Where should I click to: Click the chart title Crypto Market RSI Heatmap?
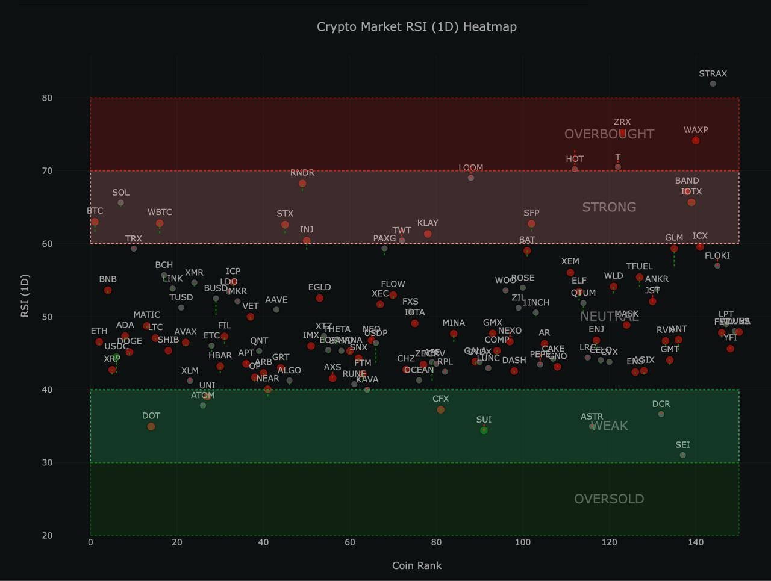pyautogui.click(x=416, y=26)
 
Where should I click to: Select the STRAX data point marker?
pyautogui.click(x=713, y=84)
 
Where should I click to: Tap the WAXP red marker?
pyautogui.click(x=696, y=141)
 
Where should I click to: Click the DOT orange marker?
pyautogui.click(x=151, y=427)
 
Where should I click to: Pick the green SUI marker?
pyautogui.click(x=484, y=430)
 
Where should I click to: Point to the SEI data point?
pyautogui.click(x=682, y=455)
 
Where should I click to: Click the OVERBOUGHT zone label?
pyautogui.click(x=609, y=134)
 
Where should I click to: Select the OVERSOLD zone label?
pyautogui.click(x=609, y=499)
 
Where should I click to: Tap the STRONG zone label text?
pyautogui.click(x=609, y=207)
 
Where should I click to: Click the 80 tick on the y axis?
pyautogui.click(x=47, y=98)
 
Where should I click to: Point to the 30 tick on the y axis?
pyautogui.click(x=47, y=462)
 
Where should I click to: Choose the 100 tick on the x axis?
pyautogui.click(x=523, y=542)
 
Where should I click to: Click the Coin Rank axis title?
pyautogui.click(x=416, y=565)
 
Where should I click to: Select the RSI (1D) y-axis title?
pyautogui.click(x=25, y=295)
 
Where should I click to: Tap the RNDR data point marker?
pyautogui.click(x=302, y=184)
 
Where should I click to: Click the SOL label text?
pyautogui.click(x=120, y=193)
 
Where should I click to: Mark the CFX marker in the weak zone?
pyautogui.click(x=441, y=410)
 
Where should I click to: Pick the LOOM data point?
pyautogui.click(x=471, y=178)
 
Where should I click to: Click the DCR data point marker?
pyautogui.click(x=661, y=414)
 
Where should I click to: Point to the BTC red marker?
pyautogui.click(x=95, y=222)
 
